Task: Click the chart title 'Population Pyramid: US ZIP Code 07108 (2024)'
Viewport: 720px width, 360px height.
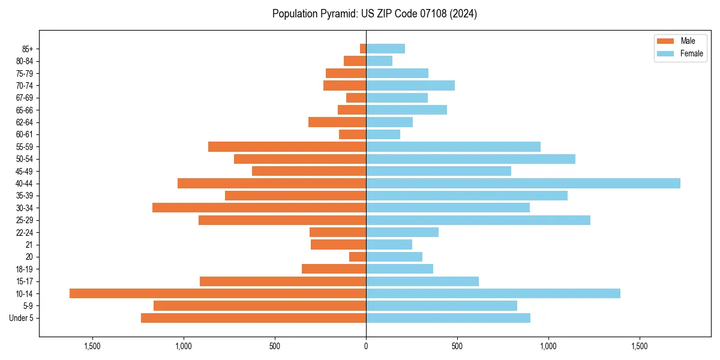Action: point(374,14)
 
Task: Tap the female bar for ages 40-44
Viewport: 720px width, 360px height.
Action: point(523,183)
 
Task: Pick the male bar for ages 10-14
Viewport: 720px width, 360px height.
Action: point(218,293)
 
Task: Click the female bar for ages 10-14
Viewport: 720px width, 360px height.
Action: point(493,293)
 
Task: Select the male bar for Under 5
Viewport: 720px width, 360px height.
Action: point(253,318)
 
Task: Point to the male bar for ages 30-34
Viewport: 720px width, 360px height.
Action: point(259,208)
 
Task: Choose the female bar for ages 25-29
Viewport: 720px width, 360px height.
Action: point(478,220)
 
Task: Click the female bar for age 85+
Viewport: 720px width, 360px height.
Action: point(385,49)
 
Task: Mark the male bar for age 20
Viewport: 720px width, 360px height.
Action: point(358,257)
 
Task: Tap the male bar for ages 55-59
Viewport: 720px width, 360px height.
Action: point(287,146)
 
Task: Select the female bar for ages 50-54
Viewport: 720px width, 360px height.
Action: point(470,159)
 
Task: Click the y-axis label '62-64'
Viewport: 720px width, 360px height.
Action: point(25,122)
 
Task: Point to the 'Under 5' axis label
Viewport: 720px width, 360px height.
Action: point(22,318)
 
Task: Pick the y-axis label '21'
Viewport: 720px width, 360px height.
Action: point(29,245)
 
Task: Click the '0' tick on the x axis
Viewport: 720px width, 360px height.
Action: point(366,346)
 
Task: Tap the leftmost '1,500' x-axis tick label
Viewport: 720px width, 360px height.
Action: point(92,346)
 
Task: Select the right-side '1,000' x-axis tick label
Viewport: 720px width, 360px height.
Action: point(548,346)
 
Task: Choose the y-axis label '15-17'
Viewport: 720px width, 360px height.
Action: point(25,281)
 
